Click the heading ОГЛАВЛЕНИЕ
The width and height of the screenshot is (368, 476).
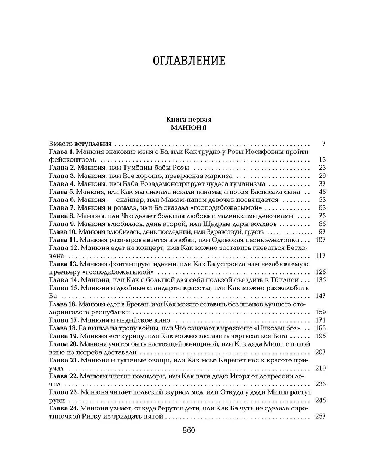(183, 60)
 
